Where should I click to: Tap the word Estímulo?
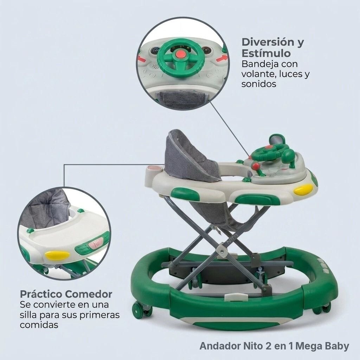click(266, 53)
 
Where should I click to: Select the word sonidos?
click(259, 84)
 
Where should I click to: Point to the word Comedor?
click(89, 294)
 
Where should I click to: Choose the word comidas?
click(39, 325)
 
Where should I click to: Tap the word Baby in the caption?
click(337, 346)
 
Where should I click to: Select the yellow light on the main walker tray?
click(303, 190)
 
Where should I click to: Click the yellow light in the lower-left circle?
click(57, 255)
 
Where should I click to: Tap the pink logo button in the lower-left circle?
click(94, 244)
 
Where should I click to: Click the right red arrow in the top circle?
click(222, 59)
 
